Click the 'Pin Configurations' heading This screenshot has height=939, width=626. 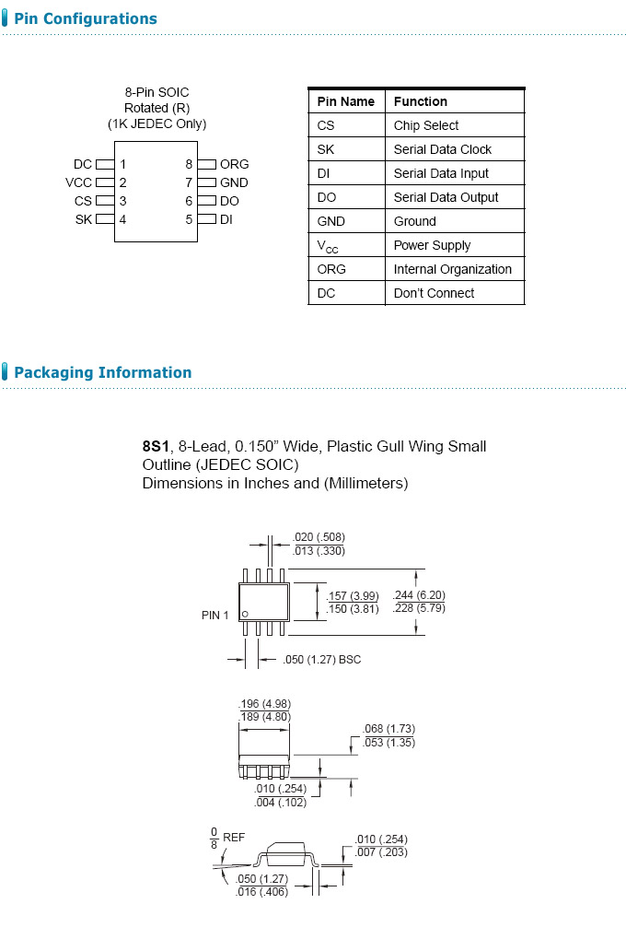click(x=86, y=18)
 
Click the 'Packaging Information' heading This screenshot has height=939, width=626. click(x=102, y=372)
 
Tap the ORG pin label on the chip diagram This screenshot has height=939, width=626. click(x=234, y=164)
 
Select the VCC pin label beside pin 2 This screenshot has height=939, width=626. click(x=79, y=182)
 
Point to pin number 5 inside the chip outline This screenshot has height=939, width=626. click(x=189, y=219)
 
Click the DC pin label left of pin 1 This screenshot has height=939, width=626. click(x=83, y=164)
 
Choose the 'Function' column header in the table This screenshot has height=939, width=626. click(x=421, y=101)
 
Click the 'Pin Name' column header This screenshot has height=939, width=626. click(x=346, y=101)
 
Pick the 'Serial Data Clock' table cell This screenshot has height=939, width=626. click(x=443, y=149)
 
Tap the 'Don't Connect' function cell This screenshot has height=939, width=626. click(x=435, y=293)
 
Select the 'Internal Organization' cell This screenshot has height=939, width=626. click(x=453, y=269)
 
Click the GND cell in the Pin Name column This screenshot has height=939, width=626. click(x=331, y=221)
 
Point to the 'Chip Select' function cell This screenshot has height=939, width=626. click(x=426, y=125)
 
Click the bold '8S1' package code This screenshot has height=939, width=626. click(x=156, y=446)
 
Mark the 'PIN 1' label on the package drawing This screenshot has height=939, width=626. click(x=215, y=615)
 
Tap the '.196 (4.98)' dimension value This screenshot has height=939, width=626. click(x=265, y=704)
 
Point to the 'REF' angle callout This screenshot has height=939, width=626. click(x=234, y=837)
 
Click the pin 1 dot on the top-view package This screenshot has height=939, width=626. click(x=245, y=613)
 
